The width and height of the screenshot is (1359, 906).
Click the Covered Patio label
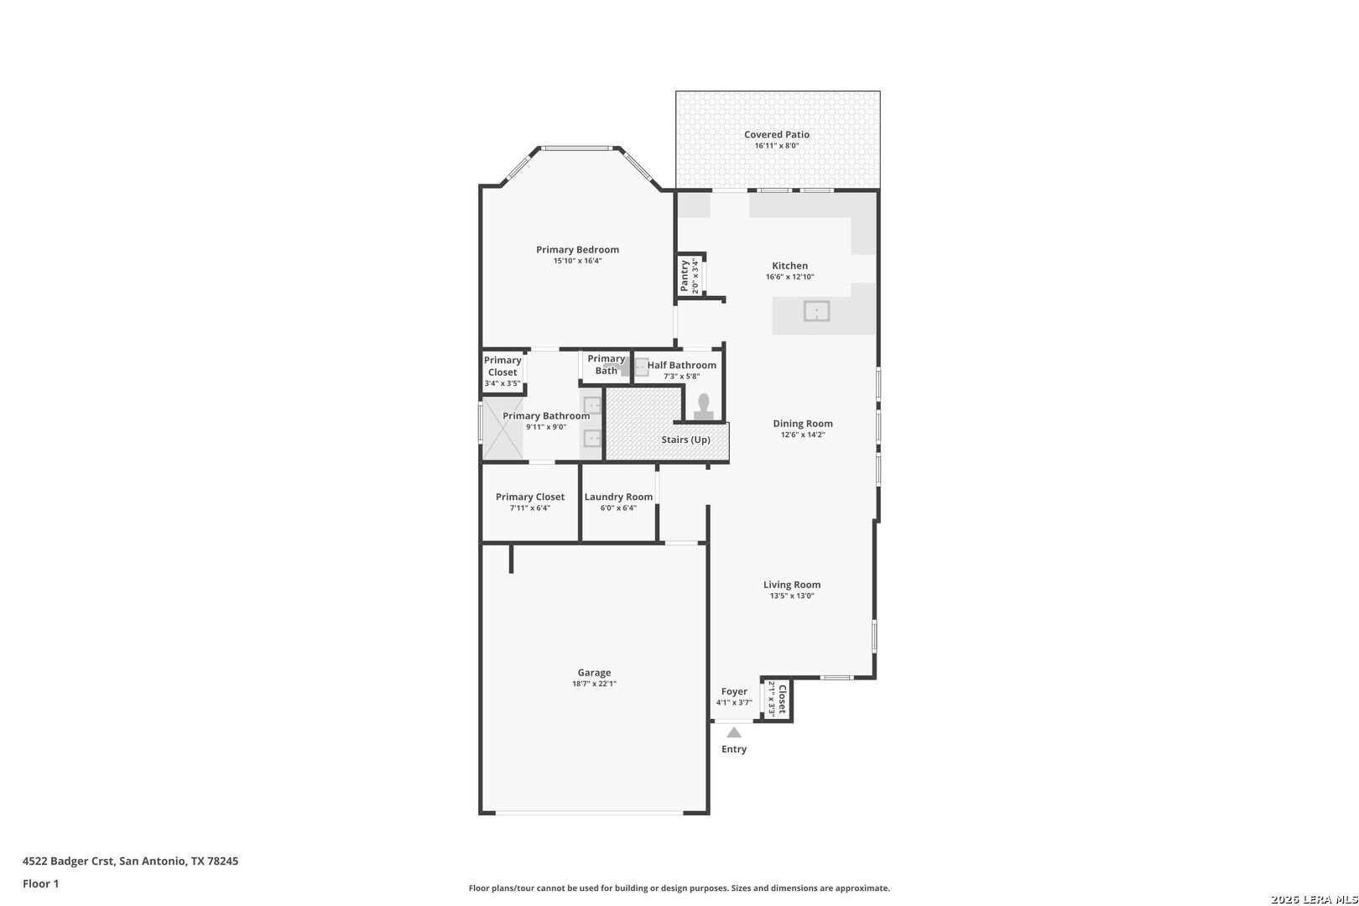(x=777, y=135)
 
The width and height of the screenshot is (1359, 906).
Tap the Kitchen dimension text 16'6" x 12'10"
(x=790, y=277)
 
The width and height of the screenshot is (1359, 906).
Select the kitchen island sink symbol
(x=816, y=311)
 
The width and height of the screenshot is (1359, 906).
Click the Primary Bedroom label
(x=577, y=249)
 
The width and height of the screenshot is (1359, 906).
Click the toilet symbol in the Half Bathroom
(x=703, y=407)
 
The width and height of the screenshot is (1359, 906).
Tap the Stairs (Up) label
(x=685, y=440)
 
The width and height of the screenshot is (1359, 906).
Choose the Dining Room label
(x=803, y=424)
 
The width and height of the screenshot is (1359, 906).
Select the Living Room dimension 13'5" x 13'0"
(x=792, y=596)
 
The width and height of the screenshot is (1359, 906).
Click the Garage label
(x=594, y=673)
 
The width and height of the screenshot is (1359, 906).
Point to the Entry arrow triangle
(x=734, y=732)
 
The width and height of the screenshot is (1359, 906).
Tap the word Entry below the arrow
(x=734, y=749)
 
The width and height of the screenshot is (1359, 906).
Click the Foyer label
(x=734, y=692)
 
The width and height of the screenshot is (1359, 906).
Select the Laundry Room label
(x=618, y=497)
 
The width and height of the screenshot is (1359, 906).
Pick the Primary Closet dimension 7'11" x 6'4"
(x=530, y=508)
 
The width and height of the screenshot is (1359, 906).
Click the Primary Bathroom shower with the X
(x=502, y=429)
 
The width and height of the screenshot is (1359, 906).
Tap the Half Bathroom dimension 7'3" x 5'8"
(x=681, y=376)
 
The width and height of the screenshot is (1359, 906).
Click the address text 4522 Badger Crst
(x=68, y=861)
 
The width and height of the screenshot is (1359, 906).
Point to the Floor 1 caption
(x=40, y=883)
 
